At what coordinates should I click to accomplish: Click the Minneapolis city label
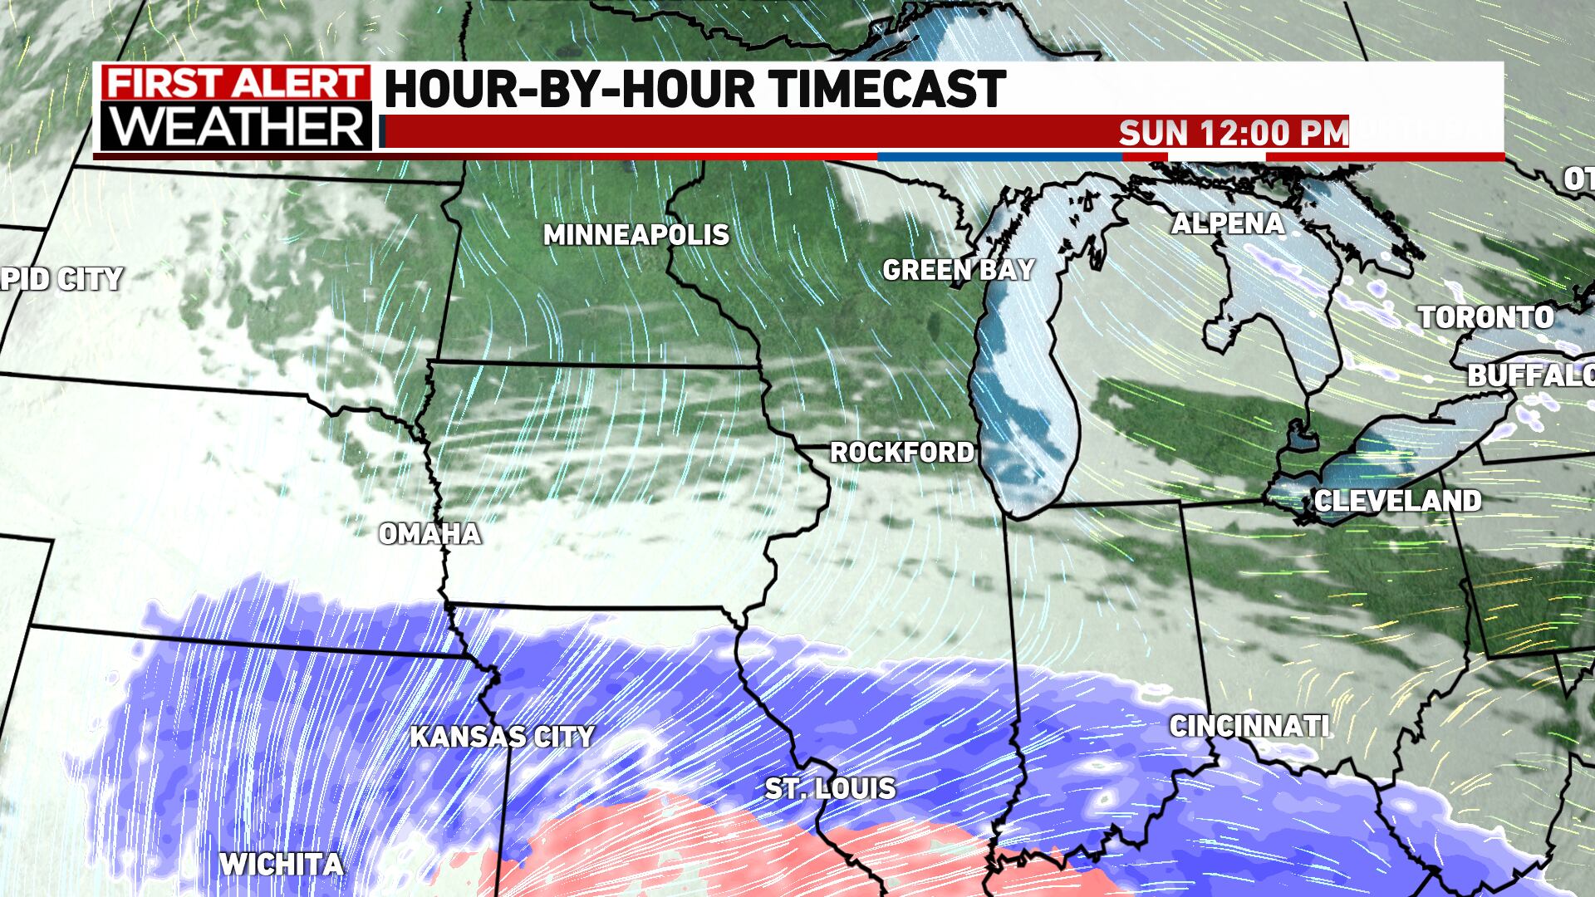pyautogui.click(x=636, y=236)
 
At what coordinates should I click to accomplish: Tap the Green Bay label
pyautogui.click(x=958, y=270)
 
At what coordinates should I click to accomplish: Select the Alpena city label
pyautogui.click(x=1228, y=223)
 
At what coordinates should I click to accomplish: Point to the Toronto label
pyautogui.click(x=1485, y=317)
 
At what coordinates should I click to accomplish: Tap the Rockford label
pyautogui.click(x=902, y=453)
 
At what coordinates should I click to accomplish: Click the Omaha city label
pyautogui.click(x=430, y=534)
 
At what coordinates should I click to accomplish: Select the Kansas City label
pyautogui.click(x=503, y=737)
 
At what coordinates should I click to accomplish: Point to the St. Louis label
pyautogui.click(x=830, y=788)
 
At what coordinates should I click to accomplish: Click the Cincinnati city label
pyautogui.click(x=1249, y=727)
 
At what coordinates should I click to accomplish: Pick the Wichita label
pyautogui.click(x=281, y=865)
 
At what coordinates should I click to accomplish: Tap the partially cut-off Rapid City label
pyautogui.click(x=61, y=279)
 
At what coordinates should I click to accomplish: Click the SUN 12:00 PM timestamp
pyautogui.click(x=1233, y=133)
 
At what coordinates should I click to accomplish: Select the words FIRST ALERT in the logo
pyautogui.click(x=235, y=86)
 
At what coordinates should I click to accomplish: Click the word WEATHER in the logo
pyautogui.click(x=235, y=127)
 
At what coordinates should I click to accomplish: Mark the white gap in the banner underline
pyautogui.click(x=1216, y=156)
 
